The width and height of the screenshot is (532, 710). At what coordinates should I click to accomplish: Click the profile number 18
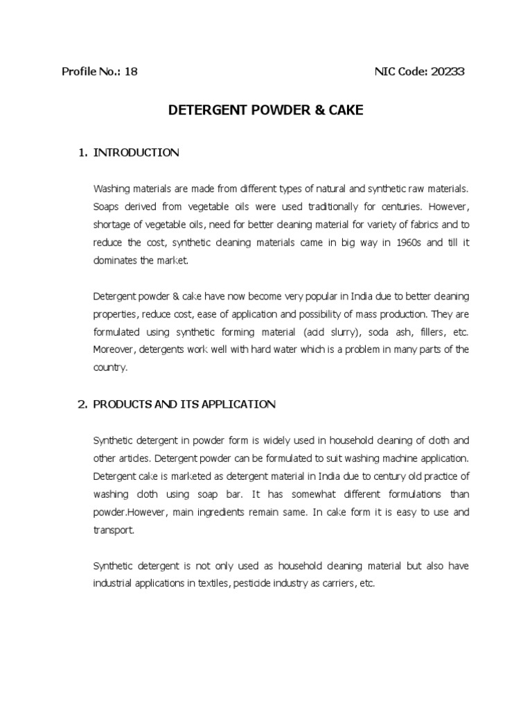click(x=131, y=71)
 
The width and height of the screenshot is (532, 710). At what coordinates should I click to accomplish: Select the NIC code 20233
click(x=447, y=71)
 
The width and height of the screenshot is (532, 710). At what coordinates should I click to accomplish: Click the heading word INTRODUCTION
click(x=136, y=153)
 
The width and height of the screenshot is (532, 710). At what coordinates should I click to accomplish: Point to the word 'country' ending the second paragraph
click(x=110, y=368)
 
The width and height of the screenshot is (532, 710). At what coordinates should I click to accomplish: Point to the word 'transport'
click(x=112, y=530)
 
